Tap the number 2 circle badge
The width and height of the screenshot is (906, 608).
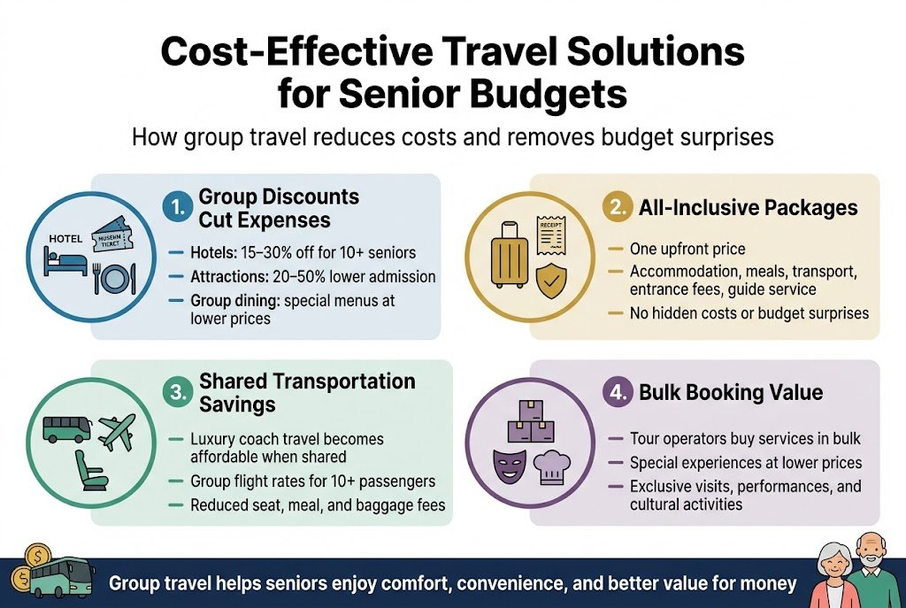(x=616, y=208)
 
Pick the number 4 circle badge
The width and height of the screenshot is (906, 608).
(x=618, y=393)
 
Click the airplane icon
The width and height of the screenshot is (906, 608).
(x=117, y=431)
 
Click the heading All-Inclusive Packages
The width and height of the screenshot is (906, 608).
(x=748, y=208)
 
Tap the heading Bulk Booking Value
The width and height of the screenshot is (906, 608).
(x=731, y=393)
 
